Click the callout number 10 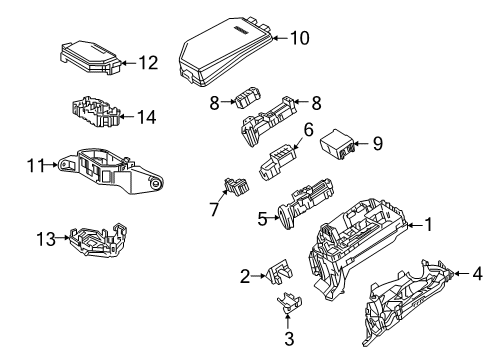pyautogui.click(x=298, y=38)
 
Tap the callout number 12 pyautogui.click(x=147, y=63)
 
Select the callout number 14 pyautogui.click(x=146, y=117)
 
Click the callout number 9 pyautogui.click(x=377, y=144)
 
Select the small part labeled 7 pyautogui.click(x=237, y=186)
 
